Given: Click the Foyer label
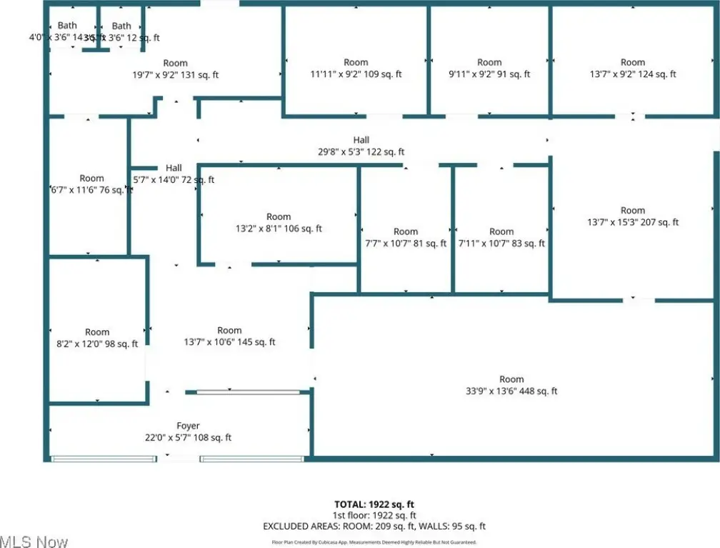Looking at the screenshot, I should (189, 427).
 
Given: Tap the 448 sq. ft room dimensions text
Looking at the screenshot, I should (511, 391).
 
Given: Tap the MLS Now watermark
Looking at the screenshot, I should (34, 541).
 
